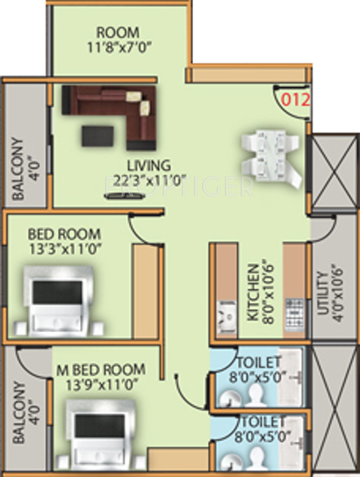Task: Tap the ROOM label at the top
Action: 118,32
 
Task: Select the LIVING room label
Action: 149,164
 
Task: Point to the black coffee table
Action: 98,134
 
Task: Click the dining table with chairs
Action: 272,158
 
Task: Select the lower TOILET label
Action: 262,421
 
